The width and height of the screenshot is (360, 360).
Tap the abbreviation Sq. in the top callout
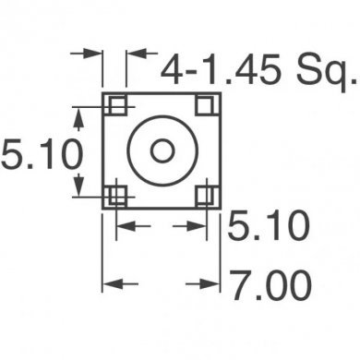323,70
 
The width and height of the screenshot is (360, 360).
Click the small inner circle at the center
162,150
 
